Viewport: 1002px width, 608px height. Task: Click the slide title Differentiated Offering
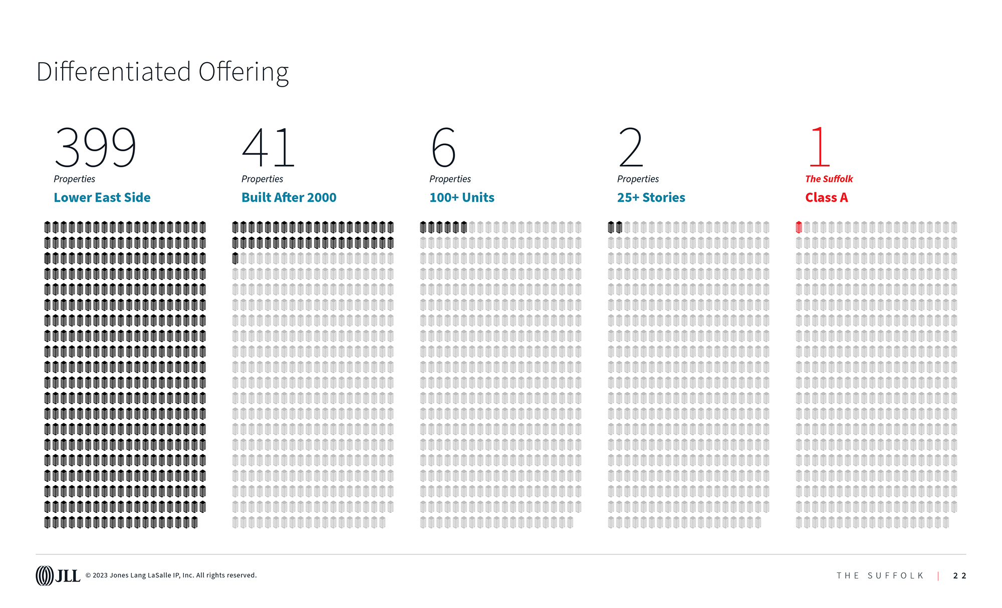coord(162,72)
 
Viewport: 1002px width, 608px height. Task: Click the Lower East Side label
coord(102,197)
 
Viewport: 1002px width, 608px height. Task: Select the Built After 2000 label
coord(289,197)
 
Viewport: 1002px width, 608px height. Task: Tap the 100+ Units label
coord(461,197)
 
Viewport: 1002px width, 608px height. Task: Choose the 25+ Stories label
coord(651,197)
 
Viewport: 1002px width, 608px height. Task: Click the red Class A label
coord(826,197)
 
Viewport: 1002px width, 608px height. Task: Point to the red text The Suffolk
coord(829,179)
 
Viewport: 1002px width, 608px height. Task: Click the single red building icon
coord(799,227)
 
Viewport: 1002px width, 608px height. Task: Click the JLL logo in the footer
coord(58,575)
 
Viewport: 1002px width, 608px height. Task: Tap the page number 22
coord(959,576)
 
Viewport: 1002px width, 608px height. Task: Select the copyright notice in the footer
coord(171,575)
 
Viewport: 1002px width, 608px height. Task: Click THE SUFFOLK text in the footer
coord(880,576)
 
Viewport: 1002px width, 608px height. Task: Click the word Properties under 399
coord(74,179)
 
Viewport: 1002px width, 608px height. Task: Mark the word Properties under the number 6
coord(450,179)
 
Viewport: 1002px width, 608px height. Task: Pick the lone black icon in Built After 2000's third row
coord(235,258)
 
